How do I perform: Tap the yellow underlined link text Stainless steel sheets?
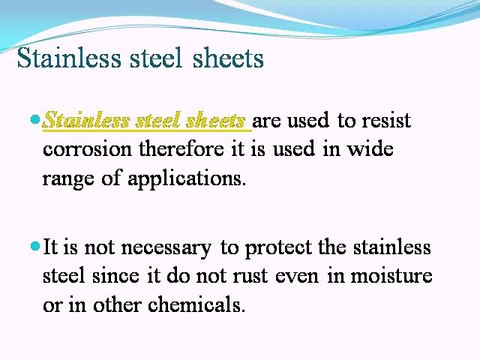146,122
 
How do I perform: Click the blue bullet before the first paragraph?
36,120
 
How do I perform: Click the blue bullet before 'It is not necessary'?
36,245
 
